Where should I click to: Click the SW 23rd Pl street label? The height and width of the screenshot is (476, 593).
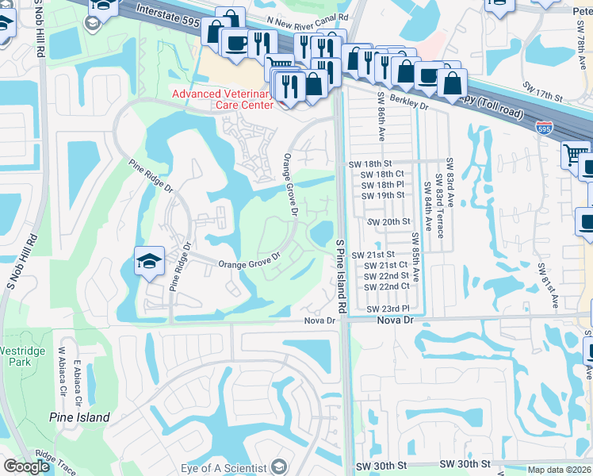point(388,309)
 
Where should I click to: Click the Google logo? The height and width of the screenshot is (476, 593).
point(27,466)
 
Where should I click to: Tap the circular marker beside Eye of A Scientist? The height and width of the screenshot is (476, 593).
point(278,466)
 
